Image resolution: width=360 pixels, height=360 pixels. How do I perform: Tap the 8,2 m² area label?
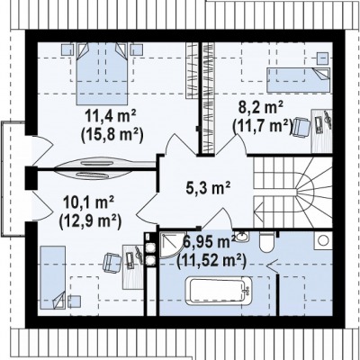[260, 107]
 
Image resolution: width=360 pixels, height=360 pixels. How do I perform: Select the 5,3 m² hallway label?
[208, 188]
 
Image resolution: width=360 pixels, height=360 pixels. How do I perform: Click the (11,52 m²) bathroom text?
[211, 260]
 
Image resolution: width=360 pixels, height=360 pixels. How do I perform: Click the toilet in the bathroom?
[266, 242]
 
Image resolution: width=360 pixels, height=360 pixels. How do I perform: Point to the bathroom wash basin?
[241, 237]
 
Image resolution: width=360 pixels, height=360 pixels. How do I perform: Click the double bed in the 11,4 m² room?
[103, 74]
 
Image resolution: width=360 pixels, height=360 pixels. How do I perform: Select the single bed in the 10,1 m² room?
[53, 277]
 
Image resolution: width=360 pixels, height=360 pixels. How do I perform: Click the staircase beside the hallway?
[292, 193]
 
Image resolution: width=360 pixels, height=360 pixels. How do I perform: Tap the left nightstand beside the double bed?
[67, 49]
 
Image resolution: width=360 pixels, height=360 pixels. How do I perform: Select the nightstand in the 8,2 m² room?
[323, 58]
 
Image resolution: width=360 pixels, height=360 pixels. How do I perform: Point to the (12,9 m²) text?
[90, 222]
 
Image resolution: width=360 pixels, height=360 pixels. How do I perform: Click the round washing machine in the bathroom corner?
[323, 240]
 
